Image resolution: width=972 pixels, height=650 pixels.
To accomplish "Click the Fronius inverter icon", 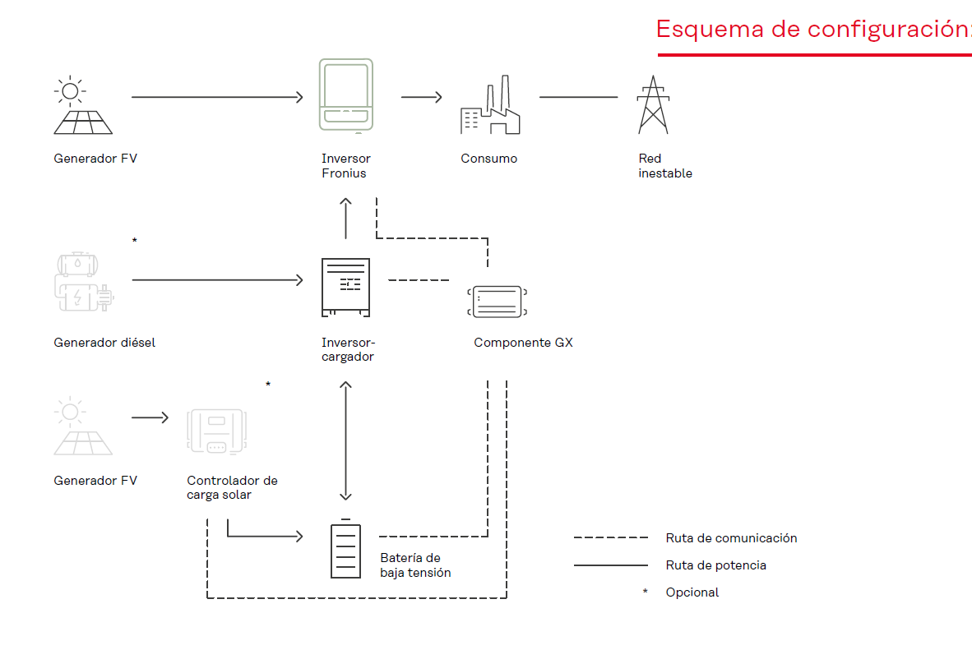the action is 346,95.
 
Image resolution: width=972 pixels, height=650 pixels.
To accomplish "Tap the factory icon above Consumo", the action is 490,104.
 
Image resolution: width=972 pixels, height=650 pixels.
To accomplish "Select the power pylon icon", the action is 654,104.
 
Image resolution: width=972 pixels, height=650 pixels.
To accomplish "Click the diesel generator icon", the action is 85,281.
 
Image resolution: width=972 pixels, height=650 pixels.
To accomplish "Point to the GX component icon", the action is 498,302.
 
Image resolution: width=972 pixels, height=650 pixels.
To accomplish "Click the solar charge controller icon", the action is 217,431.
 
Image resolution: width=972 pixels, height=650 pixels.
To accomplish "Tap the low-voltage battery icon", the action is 346,549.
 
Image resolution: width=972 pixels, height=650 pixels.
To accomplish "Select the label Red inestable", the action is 665,166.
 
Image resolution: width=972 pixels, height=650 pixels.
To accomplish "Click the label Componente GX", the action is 523,343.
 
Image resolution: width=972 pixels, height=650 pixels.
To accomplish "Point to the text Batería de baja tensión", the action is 415,565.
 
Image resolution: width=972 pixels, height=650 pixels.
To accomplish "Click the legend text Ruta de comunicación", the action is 732,538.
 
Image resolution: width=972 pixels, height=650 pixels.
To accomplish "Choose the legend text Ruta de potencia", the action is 716,565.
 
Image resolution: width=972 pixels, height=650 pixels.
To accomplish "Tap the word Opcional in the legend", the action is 692,592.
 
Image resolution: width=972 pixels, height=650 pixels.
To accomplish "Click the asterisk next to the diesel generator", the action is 135,241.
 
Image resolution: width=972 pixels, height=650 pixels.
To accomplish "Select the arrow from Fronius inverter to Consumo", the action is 422,97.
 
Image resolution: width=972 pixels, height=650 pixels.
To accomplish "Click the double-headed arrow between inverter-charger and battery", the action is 346,440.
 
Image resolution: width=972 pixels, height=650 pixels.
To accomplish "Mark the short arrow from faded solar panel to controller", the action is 150,417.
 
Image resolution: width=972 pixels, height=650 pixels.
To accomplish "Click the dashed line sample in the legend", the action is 611,538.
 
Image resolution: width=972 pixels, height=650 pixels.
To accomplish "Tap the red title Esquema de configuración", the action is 814,29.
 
